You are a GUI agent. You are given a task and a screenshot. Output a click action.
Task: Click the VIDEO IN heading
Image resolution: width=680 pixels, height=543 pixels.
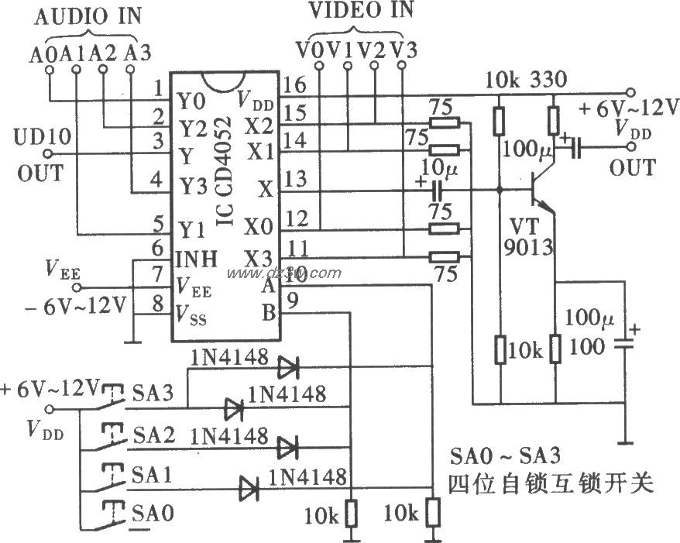point(361,10)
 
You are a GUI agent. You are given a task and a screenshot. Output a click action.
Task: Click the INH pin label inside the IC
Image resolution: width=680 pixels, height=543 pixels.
point(197,256)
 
